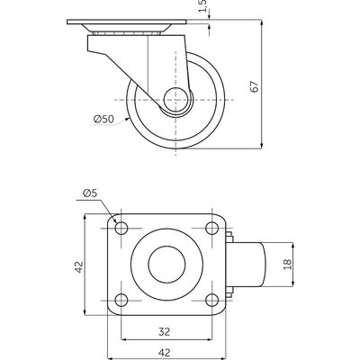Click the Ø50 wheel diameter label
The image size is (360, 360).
(x=103, y=120)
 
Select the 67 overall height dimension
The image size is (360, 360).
(x=255, y=86)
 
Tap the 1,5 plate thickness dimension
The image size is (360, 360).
(x=203, y=5)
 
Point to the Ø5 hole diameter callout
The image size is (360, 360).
(x=90, y=193)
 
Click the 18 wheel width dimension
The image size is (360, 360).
(x=287, y=265)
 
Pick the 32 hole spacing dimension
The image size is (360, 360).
(x=164, y=331)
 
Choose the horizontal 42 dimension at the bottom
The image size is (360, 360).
(x=164, y=352)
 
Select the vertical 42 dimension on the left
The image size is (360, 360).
(x=79, y=267)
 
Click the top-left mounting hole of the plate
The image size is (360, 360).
(x=121, y=229)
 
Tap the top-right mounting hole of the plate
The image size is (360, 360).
(x=212, y=229)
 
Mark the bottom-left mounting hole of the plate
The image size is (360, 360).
(x=121, y=300)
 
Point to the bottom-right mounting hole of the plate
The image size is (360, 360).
(x=212, y=300)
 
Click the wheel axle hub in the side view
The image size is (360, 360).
(x=175, y=100)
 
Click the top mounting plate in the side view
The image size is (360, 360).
(x=127, y=22)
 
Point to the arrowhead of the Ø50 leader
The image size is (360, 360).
(x=127, y=119)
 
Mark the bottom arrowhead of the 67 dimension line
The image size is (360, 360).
(x=262, y=145)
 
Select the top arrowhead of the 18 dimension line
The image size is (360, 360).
(x=292, y=246)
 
